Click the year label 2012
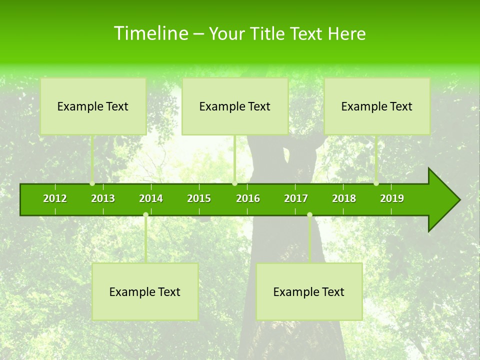55,198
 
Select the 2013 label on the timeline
103,198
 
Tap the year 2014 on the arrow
151,198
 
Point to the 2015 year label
199,198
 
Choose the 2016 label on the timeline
248,198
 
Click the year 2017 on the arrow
296,198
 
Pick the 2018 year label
344,198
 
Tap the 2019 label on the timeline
392,198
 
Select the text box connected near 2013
93,106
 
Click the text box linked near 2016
235,106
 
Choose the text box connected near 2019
377,106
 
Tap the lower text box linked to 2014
145,292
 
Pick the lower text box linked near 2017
309,292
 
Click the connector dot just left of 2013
92,183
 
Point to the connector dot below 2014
145,215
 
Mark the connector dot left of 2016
235,183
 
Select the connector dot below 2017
309,215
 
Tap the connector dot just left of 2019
376,183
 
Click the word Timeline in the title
150,33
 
